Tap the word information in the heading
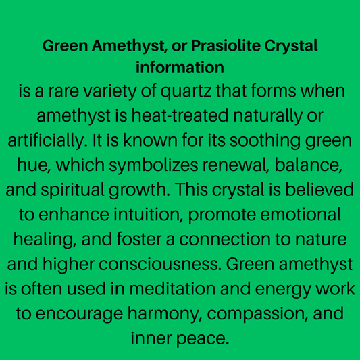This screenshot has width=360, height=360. (180, 68)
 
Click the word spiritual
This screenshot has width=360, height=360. (75, 190)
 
